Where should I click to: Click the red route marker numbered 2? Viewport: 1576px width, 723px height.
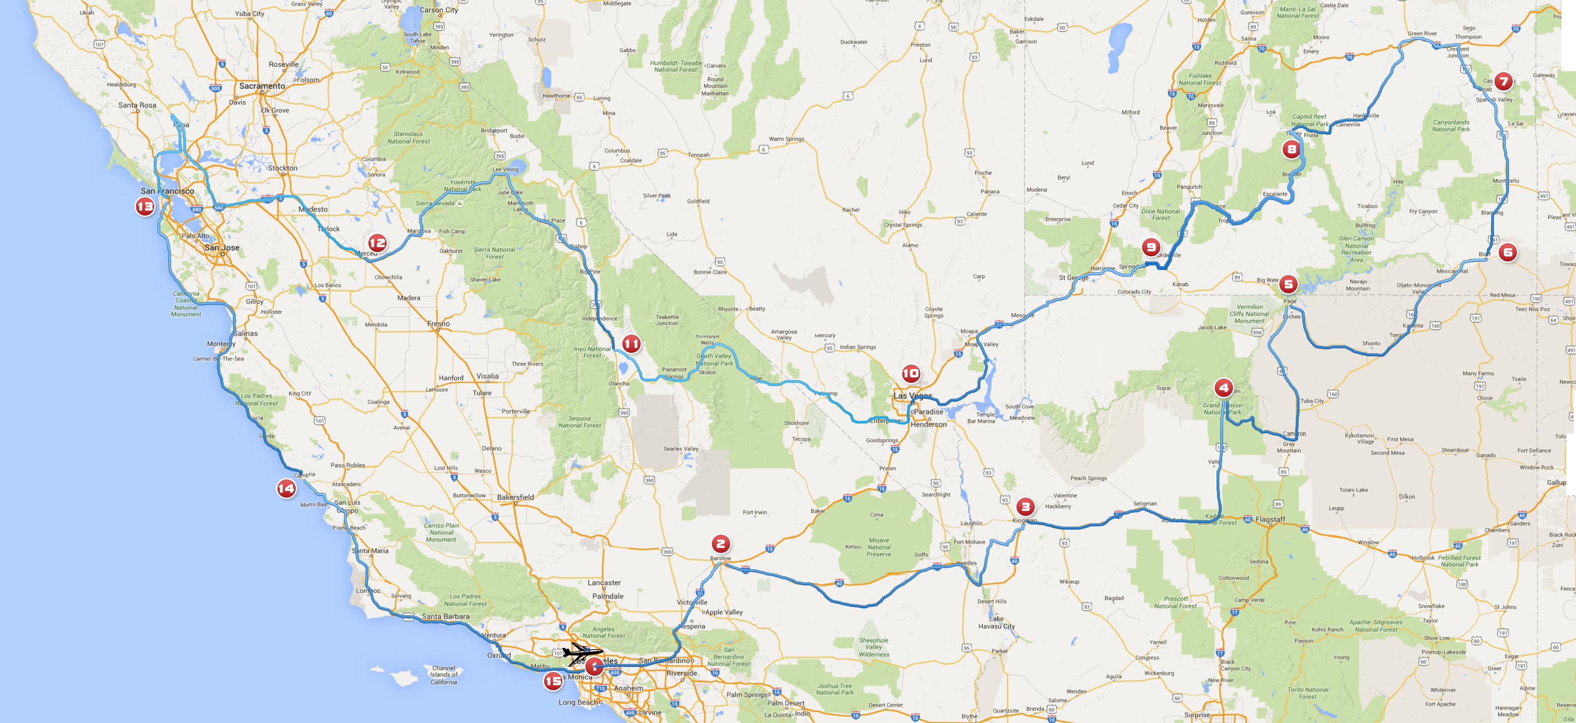pos(720,543)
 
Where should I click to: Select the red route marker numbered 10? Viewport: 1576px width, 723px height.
pos(911,373)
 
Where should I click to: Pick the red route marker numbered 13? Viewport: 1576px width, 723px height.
pos(145,207)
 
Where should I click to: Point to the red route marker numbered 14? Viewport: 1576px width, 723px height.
pos(286,488)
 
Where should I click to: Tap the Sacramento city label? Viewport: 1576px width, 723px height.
pos(262,86)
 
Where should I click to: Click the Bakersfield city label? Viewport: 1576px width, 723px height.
pos(515,497)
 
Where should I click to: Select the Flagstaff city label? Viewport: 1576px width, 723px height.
pos(1270,519)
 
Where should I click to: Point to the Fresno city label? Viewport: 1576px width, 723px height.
pos(439,324)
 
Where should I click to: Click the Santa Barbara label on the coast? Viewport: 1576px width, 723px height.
pos(445,617)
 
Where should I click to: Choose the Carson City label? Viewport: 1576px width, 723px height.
pos(439,10)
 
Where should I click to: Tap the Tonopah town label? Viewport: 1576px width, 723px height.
pos(699,155)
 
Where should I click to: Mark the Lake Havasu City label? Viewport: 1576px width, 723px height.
pos(997,622)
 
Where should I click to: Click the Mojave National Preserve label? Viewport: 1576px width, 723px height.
pos(879,547)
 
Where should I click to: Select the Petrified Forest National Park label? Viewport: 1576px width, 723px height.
pos(1459,561)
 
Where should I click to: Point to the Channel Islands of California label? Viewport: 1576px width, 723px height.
pos(443,675)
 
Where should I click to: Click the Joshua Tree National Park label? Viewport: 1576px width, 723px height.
pos(835,689)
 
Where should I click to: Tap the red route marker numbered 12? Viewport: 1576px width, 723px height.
pos(377,243)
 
